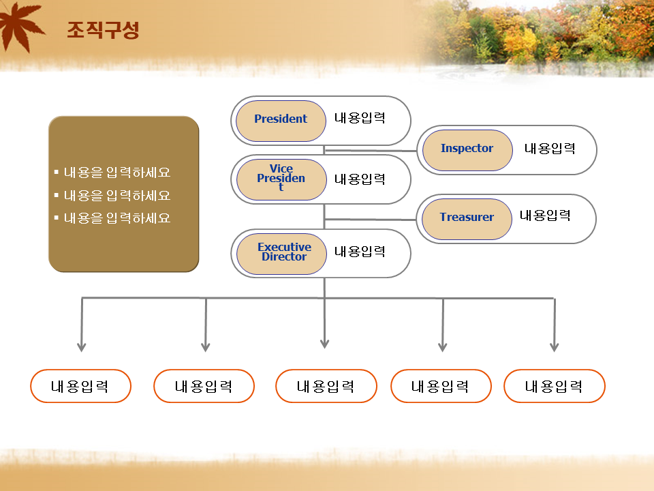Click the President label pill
click(281, 121)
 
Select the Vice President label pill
click(281, 179)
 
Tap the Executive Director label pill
click(281, 254)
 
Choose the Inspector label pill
click(467, 150)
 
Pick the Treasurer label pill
click(467, 219)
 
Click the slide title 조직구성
click(103, 30)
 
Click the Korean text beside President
click(360, 118)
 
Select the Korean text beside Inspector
click(550, 148)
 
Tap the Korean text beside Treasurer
click(545, 215)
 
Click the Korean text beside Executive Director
click(360, 252)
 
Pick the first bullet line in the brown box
click(112, 173)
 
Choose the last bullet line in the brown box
click(112, 218)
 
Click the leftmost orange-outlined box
click(80, 386)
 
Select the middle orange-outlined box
click(326, 386)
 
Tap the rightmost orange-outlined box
click(555, 386)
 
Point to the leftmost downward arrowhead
click(81, 347)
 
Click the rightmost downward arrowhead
click(555, 347)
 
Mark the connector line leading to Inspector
click(371, 150)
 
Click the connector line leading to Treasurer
click(371, 219)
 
